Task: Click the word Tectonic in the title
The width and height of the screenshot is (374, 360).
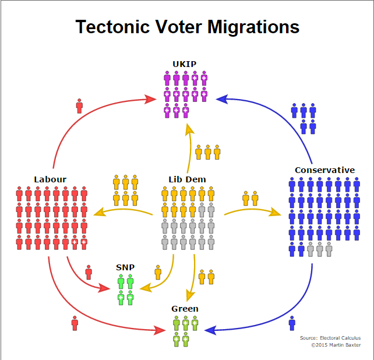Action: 112,27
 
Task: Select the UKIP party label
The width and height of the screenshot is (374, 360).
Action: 184,64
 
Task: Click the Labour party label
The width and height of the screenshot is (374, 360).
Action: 50,179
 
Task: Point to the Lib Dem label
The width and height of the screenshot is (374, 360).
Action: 187,179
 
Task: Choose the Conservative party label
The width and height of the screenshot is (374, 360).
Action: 324,170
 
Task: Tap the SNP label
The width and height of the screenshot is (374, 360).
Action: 125,267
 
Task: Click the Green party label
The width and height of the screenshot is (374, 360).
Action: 185,309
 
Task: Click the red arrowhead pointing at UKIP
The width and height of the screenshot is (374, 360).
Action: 150,99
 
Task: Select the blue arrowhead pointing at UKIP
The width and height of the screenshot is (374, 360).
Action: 222,99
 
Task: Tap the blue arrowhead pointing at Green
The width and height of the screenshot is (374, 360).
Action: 210,330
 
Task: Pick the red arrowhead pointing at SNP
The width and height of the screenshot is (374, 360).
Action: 105,288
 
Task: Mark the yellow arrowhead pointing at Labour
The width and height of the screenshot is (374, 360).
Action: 100,211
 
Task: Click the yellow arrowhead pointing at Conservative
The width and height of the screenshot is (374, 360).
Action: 275,211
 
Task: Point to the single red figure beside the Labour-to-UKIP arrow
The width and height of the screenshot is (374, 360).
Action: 79,106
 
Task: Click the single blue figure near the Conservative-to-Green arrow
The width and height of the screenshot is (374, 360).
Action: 292,323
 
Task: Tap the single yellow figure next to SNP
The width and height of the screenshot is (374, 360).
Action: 158,272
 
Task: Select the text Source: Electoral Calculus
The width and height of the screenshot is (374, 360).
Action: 330,338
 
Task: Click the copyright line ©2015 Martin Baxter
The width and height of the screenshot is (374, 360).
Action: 336,345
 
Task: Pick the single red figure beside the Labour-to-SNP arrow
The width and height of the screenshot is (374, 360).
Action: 89,272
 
